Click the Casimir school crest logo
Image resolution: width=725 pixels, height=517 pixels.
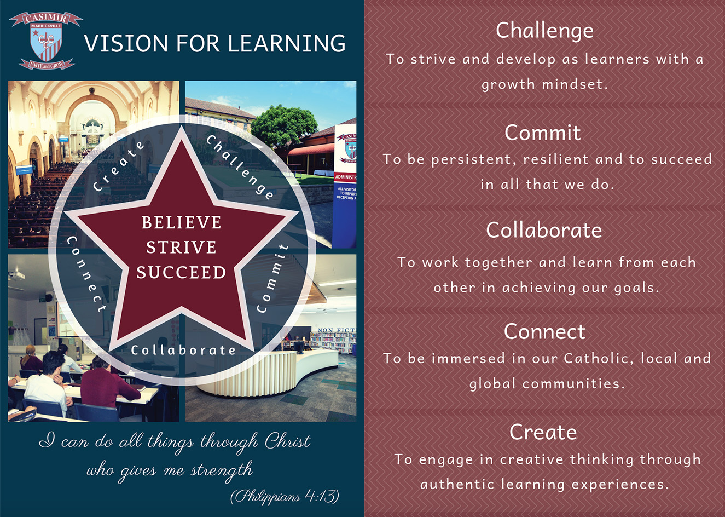click(46, 41)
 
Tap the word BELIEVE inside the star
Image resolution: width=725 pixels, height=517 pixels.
click(181, 222)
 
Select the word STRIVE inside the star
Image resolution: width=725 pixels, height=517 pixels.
click(181, 248)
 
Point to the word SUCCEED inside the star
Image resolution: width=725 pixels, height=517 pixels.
click(181, 272)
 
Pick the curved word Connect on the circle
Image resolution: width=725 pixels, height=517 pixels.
click(86, 274)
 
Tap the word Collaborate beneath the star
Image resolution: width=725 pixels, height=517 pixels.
click(183, 350)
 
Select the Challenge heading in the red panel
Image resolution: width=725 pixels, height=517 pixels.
click(544, 31)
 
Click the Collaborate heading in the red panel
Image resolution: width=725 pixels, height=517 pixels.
click(544, 231)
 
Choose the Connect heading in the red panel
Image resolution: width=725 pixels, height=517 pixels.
click(544, 332)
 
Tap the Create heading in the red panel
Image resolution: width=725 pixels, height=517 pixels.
click(543, 432)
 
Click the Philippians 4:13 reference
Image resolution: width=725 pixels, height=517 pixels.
click(285, 496)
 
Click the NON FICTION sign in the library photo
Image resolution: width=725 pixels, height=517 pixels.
click(337, 330)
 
